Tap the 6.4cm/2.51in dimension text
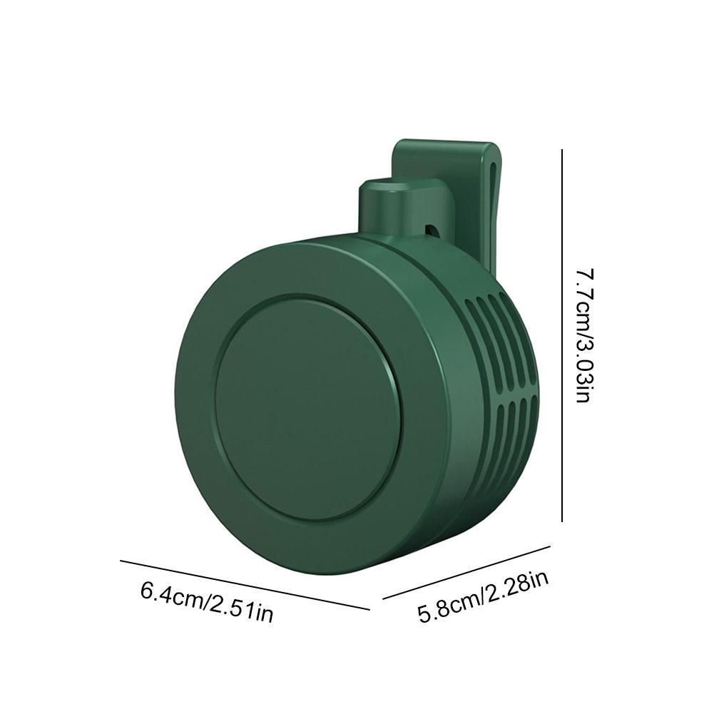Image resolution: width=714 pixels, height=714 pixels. point(207,602)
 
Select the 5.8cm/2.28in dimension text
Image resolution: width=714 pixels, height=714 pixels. point(483,597)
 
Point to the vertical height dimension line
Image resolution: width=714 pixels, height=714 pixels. point(562,335)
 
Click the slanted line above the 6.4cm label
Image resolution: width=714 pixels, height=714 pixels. point(245,585)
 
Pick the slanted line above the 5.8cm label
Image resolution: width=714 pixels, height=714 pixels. point(466,572)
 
